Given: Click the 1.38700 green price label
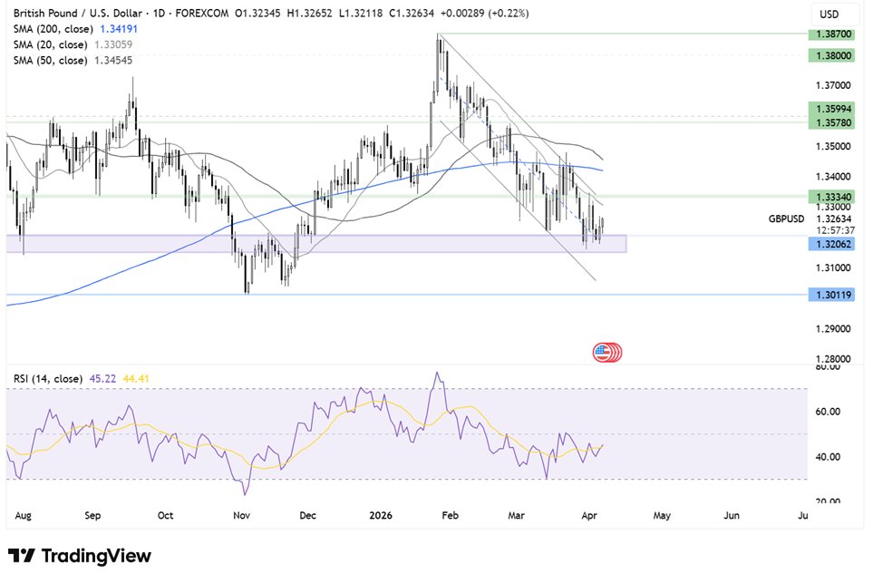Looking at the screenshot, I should pyautogui.click(x=831, y=33).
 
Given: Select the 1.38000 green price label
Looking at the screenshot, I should pyautogui.click(x=831, y=54).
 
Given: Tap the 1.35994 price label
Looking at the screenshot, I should pyautogui.click(x=831, y=107).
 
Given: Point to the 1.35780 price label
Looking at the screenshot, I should pyautogui.click(x=831, y=121).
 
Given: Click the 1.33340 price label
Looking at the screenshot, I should pyautogui.click(x=831, y=195).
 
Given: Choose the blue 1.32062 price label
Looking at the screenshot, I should pyautogui.click(x=831, y=245).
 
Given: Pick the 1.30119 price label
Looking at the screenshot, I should pyautogui.click(x=831, y=295).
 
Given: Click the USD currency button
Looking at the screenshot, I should pyautogui.click(x=829, y=15).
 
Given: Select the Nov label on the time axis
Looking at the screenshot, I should pyautogui.click(x=241, y=515).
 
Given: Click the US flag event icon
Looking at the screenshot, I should pyautogui.click(x=603, y=353).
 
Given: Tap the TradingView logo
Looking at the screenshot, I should pyautogui.click(x=80, y=556).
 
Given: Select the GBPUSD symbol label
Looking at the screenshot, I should pyautogui.click(x=785, y=219).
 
